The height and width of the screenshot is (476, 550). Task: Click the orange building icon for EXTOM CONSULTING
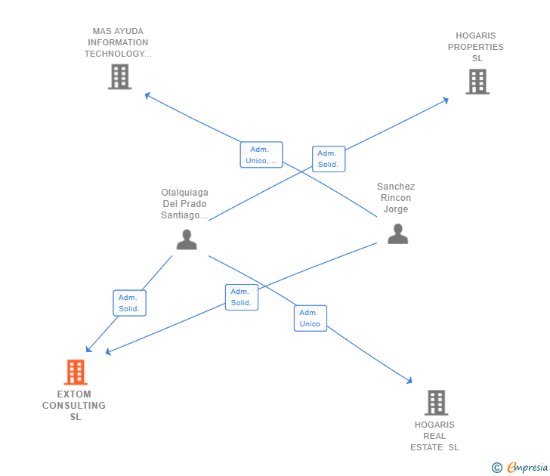(x=75, y=372)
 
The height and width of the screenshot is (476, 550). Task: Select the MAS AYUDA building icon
(x=119, y=76)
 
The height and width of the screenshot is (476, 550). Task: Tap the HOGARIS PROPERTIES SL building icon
(x=477, y=82)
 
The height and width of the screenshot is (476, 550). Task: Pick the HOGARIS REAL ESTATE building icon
(x=436, y=403)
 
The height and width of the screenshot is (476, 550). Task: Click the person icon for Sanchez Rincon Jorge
(x=397, y=233)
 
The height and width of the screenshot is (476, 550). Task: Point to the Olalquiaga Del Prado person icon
(x=187, y=240)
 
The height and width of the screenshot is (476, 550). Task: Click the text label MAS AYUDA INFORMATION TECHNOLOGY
(x=119, y=42)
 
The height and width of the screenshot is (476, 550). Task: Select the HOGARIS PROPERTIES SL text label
(x=476, y=47)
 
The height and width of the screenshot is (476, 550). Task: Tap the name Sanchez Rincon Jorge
(x=396, y=198)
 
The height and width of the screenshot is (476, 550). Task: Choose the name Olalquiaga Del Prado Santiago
(x=185, y=204)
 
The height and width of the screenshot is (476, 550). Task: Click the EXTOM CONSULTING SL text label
(x=74, y=406)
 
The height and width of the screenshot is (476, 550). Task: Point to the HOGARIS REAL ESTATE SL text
(x=434, y=436)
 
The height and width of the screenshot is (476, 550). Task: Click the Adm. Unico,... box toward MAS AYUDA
(x=261, y=155)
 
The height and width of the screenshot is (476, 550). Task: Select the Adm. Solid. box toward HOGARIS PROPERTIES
(x=328, y=159)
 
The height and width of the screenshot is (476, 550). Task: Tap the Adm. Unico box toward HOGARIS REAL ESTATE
(x=310, y=318)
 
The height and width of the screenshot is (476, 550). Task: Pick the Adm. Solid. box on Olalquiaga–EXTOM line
(x=129, y=303)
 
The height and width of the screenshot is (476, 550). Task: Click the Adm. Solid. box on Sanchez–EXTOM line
(x=241, y=297)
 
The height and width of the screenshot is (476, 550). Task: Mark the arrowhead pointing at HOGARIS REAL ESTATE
(x=410, y=381)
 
